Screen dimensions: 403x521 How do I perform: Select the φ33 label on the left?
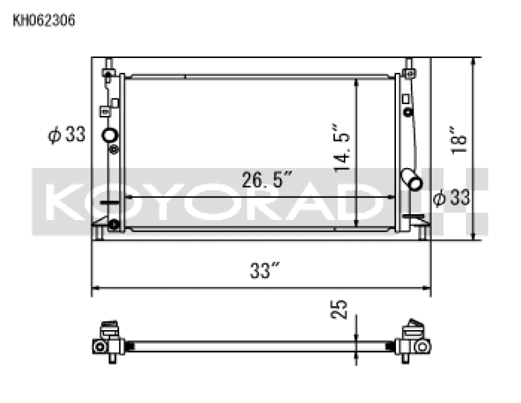66,135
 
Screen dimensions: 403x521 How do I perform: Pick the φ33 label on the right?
451,197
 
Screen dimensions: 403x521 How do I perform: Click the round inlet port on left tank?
109,136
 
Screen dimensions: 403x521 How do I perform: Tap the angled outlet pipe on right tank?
412,178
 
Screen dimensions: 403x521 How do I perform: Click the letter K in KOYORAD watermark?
64,202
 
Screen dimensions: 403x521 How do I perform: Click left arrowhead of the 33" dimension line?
95,286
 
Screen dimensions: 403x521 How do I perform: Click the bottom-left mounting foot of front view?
98,230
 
